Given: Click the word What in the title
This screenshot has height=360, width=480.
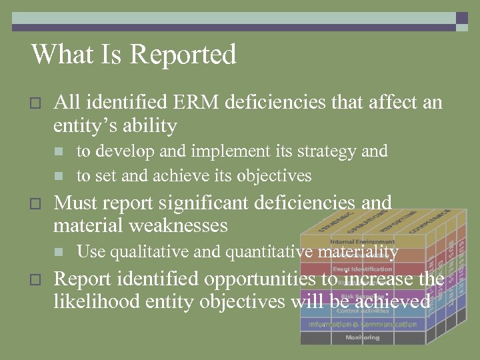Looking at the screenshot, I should pos(59,54).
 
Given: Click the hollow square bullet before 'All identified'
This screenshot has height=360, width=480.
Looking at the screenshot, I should pos(36,103).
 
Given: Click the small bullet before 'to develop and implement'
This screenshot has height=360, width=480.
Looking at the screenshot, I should pos(59,152).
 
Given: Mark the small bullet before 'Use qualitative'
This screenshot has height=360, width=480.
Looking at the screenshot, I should pos(59,252).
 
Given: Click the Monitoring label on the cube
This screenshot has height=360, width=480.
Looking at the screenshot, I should pos(362,338).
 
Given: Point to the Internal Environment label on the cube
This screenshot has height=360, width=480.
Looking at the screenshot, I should pos(362,241).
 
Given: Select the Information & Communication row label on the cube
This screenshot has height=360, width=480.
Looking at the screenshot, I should pos(362,324).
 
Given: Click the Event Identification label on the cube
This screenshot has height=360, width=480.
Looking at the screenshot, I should pos(362,269).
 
